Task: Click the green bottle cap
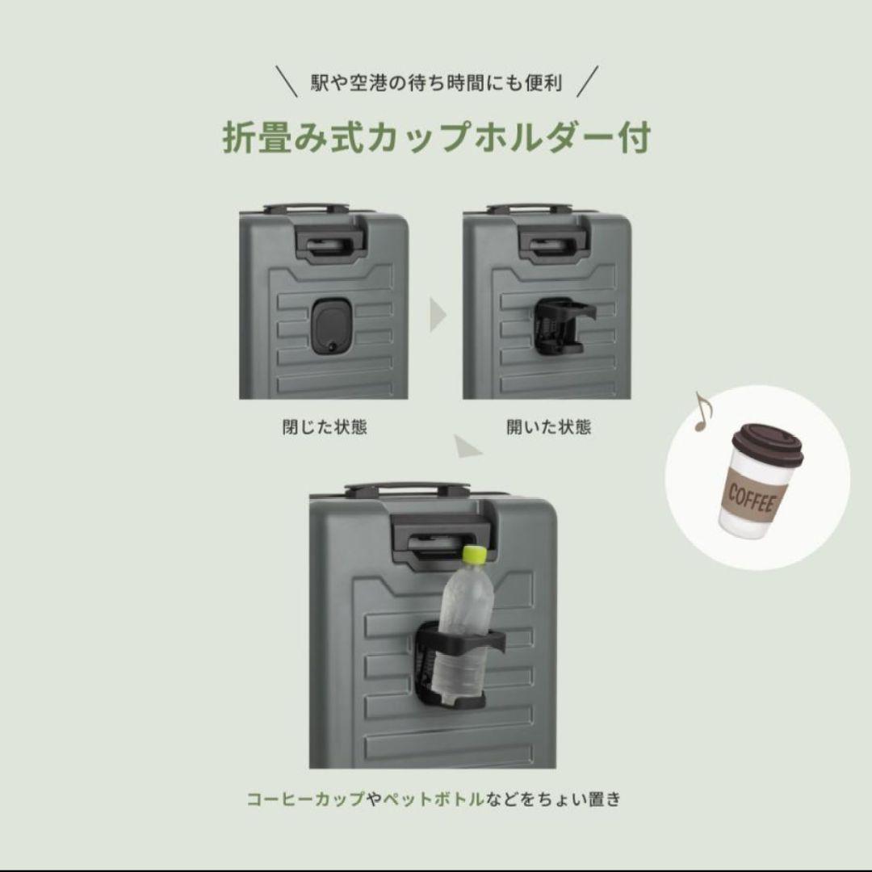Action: click(474, 554)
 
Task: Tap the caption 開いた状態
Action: click(549, 427)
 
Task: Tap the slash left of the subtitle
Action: click(287, 82)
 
